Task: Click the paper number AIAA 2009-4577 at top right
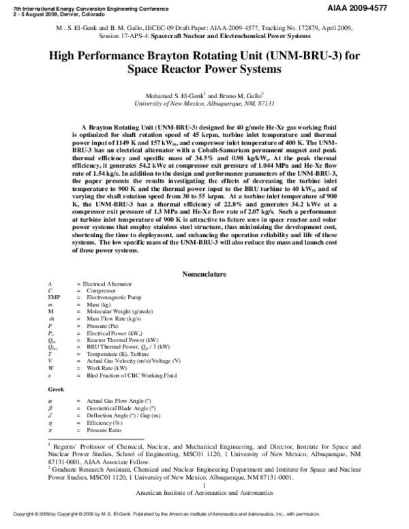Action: click(x=373, y=6)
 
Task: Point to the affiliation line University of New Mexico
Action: click(x=204, y=104)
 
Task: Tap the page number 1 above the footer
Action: click(x=204, y=485)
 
